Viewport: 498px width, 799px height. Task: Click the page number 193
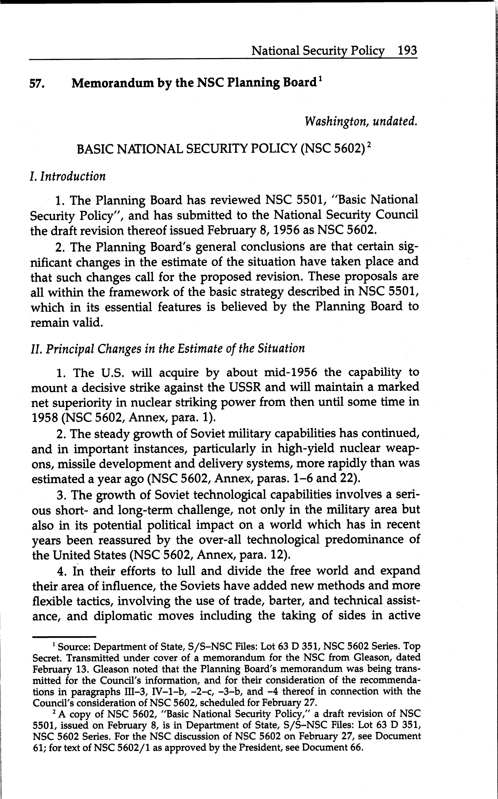407,51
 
